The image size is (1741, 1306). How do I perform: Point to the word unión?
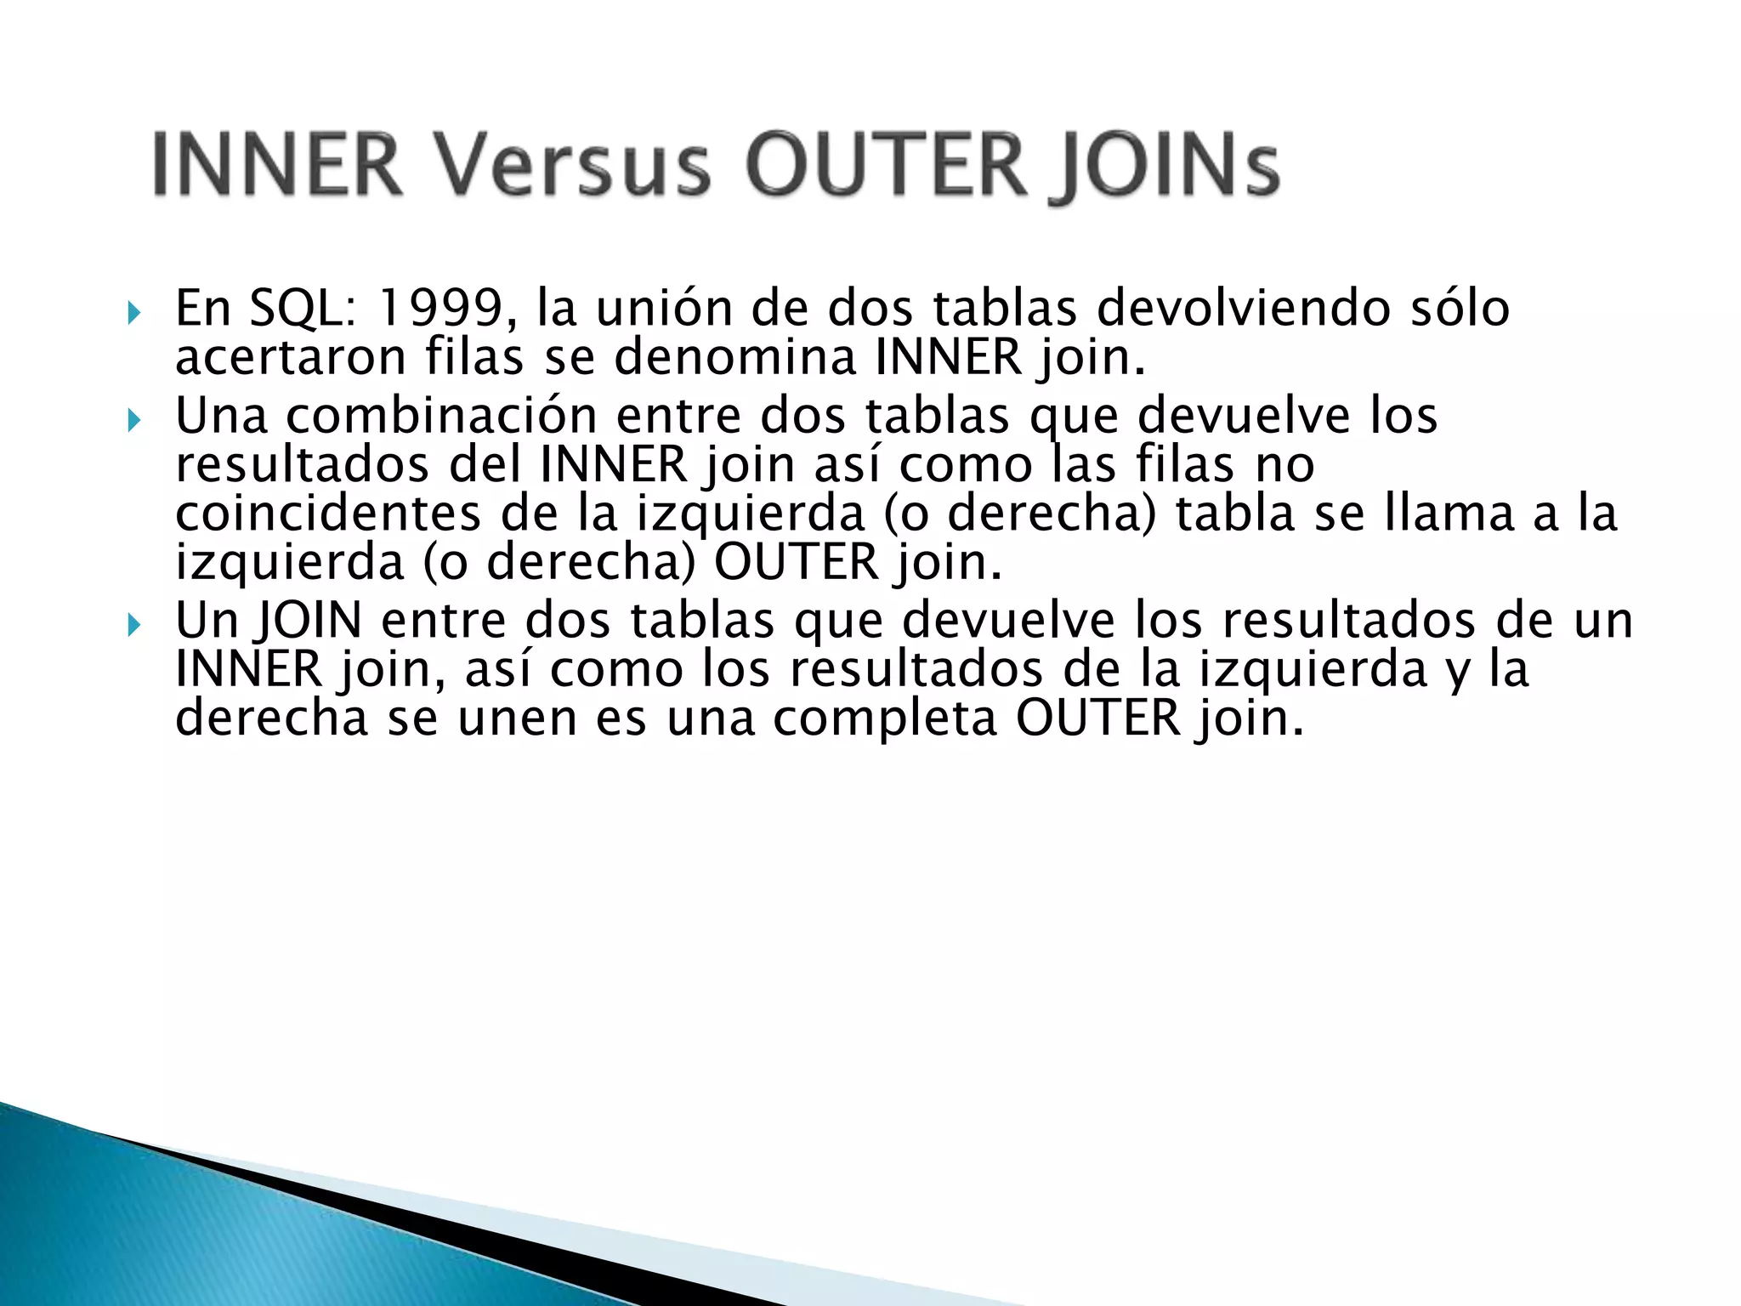660,308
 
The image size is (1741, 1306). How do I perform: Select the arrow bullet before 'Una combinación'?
133,421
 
